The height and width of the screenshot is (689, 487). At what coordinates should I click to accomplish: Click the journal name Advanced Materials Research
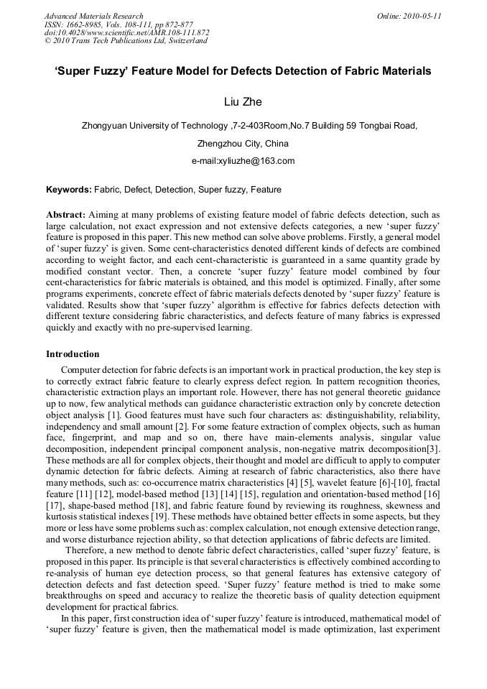point(93,16)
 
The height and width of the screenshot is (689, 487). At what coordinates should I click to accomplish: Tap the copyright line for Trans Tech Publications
point(126,41)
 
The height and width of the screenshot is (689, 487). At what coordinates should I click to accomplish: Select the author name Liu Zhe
point(243,102)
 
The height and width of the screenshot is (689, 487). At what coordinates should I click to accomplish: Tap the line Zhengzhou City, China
point(243,143)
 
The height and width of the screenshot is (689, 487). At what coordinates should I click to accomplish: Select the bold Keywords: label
point(69,190)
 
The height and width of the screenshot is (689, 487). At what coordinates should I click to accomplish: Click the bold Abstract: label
point(66,215)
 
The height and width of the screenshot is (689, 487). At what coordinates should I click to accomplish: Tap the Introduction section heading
point(73,354)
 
